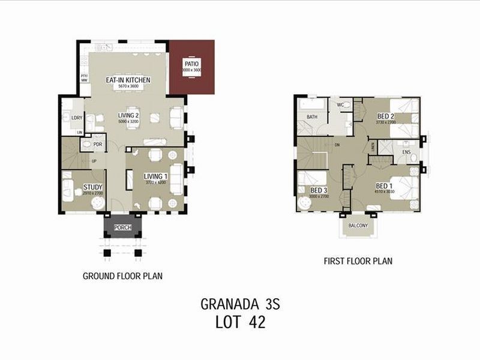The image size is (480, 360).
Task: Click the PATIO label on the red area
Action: click(192, 64)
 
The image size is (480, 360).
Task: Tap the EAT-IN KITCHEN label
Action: click(128, 80)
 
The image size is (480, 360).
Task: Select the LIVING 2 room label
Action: click(128, 116)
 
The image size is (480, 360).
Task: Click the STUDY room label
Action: click(92, 187)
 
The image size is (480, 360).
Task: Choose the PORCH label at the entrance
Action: click(122, 228)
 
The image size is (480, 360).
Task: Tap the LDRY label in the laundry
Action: click(76, 118)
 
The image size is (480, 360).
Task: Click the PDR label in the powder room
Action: click(98, 145)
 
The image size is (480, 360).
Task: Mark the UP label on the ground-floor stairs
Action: click(94, 161)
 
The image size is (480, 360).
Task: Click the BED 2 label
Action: click(386, 116)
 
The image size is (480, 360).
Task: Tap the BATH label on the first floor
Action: click(312, 117)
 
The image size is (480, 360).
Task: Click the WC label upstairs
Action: click(340, 105)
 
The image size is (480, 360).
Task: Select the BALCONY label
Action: click(358, 226)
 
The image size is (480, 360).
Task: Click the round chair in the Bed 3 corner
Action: click(305, 203)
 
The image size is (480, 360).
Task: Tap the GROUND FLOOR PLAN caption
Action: click(122, 276)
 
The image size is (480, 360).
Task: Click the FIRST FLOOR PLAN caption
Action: click(358, 261)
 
